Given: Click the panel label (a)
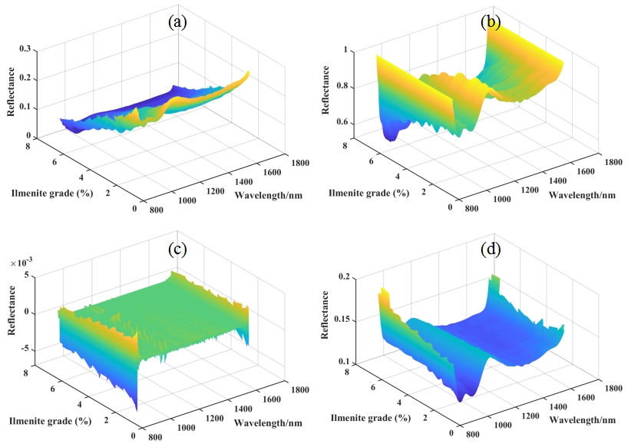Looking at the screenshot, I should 178,22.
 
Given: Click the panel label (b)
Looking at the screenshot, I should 490,22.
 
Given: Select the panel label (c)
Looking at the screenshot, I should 178,249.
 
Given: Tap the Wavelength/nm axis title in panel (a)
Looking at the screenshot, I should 268,194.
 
